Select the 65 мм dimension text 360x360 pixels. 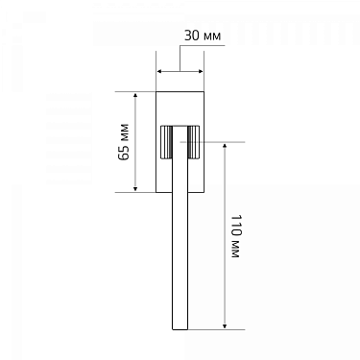pos(123,142)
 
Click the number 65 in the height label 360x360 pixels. pos(123,152)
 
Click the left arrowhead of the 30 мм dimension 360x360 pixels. pos(159,70)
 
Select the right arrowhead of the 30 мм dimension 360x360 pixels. pos(199,70)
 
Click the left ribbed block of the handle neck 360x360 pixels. pos(165,144)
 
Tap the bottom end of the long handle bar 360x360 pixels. pos(180,328)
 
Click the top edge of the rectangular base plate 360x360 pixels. pos(180,92)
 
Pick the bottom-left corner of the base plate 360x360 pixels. pos(156,192)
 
